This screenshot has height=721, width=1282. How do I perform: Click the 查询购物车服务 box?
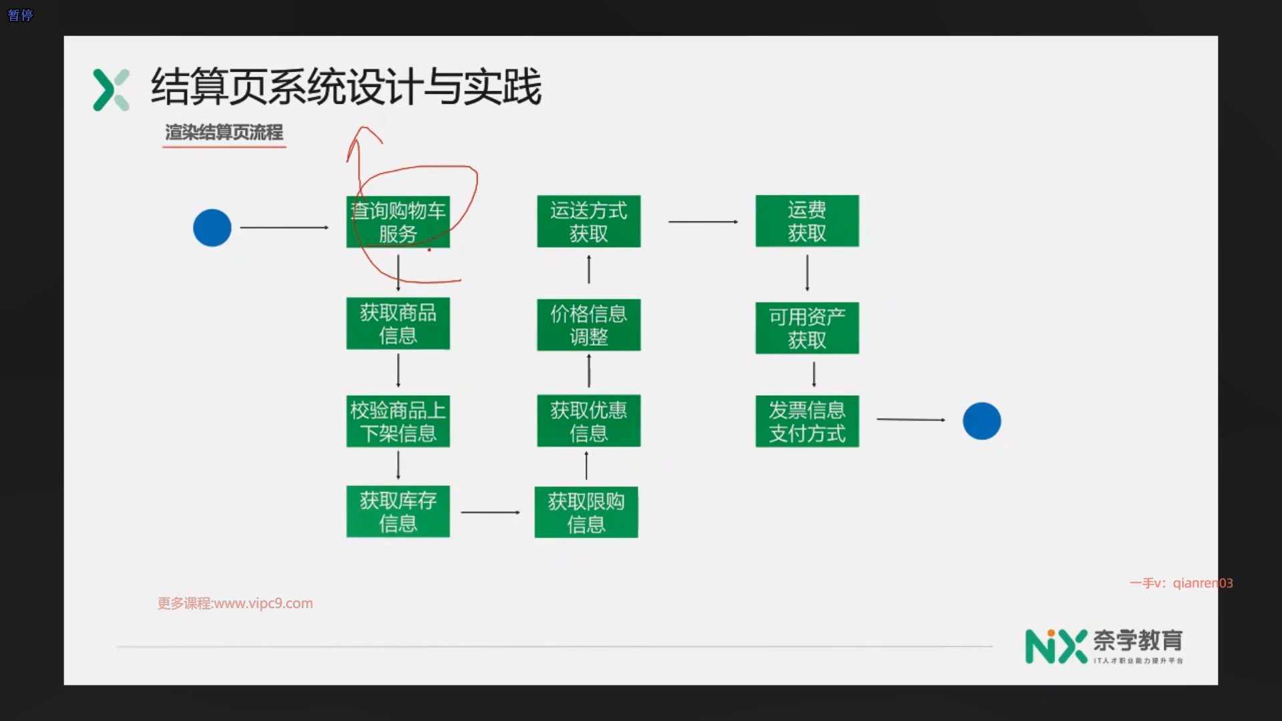coord(398,222)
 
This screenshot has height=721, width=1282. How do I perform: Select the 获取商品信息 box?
coord(398,324)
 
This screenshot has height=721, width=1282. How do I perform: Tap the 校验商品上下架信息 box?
coord(398,421)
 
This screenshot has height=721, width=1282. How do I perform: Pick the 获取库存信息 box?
coord(398,511)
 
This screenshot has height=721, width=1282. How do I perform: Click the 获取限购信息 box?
coord(586,512)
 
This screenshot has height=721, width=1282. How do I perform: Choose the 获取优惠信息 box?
coord(588,421)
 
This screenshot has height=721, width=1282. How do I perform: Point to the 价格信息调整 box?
coord(588,325)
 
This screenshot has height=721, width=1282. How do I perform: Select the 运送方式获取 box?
coord(588,222)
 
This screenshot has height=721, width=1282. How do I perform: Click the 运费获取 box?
coord(807,221)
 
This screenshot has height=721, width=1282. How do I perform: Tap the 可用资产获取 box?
coord(807,328)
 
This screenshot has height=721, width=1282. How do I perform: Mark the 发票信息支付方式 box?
coord(807,421)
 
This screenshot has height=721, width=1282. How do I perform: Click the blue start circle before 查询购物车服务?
coord(212,228)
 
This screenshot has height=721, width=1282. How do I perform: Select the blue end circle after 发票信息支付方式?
coord(982,421)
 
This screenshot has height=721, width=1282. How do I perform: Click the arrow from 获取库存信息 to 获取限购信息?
coord(490,512)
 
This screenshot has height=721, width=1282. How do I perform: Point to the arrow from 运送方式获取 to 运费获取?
coord(703,222)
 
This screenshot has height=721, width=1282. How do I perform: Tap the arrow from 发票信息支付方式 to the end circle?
coord(911,419)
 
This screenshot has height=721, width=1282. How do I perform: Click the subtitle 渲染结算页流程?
coord(224,132)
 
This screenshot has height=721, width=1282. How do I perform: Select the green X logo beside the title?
coord(111,89)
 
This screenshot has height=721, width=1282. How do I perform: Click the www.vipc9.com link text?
coord(263,604)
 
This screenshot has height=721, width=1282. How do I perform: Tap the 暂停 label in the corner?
coord(20,15)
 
